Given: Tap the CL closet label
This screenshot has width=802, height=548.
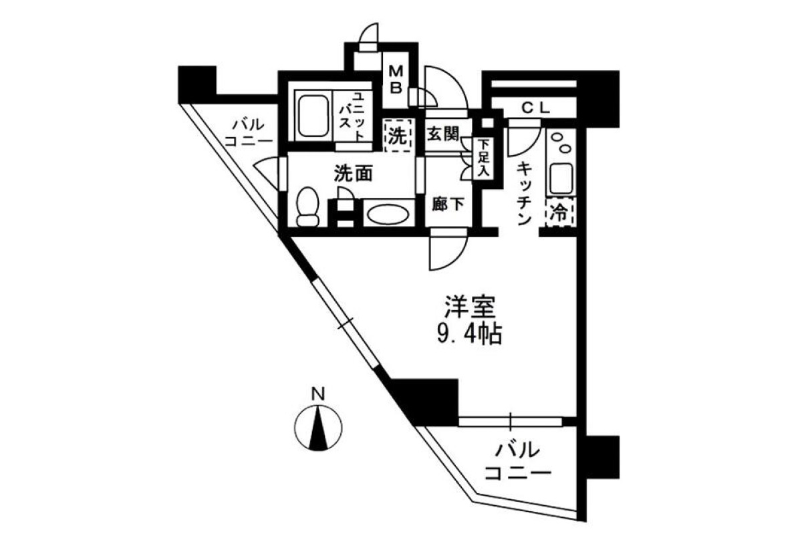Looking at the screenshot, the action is click(x=535, y=108).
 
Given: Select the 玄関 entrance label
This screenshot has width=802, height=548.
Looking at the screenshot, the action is click(x=442, y=134).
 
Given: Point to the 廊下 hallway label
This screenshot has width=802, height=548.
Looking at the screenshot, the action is click(x=448, y=204).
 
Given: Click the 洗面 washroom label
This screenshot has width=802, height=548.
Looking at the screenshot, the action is click(x=354, y=174).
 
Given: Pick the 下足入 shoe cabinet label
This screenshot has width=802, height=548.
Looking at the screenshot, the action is click(x=484, y=158).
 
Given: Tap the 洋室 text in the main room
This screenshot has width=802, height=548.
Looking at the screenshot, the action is click(x=470, y=307).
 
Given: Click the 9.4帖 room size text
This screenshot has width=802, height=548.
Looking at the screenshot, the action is click(x=469, y=334).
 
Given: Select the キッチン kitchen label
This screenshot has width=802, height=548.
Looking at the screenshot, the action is click(x=524, y=193).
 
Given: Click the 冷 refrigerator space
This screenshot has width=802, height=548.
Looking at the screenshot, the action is click(x=559, y=213).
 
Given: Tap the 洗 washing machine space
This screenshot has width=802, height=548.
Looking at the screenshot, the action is click(x=398, y=136).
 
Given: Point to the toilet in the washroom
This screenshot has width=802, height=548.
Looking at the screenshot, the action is click(x=307, y=207).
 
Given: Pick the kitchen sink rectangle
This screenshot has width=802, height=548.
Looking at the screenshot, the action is click(x=561, y=178).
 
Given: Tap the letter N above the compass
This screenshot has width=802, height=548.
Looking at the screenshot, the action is click(x=318, y=394).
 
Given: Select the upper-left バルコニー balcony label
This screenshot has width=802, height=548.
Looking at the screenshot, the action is click(x=249, y=133).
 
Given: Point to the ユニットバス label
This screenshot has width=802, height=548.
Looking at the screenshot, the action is click(x=352, y=116).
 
